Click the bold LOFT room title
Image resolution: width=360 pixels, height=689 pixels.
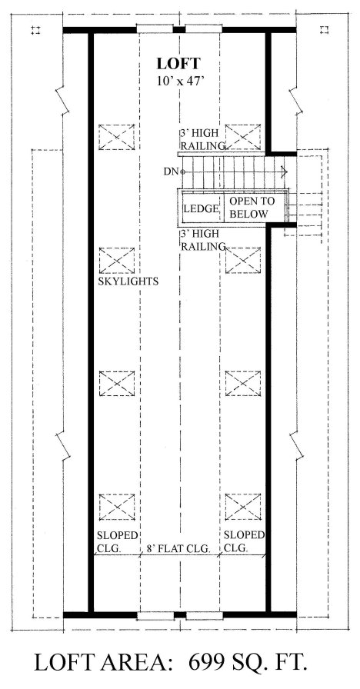(x=178, y=64)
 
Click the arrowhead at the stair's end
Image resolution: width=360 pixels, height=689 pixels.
(x=285, y=171)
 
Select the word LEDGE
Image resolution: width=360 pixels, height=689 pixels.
(x=201, y=208)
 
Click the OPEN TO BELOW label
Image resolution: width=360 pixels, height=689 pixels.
(x=252, y=208)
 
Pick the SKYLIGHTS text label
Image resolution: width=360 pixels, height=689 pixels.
(x=128, y=281)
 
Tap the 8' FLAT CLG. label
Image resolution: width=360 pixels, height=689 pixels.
(x=178, y=548)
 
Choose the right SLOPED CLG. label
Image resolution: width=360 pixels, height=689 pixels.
(x=244, y=541)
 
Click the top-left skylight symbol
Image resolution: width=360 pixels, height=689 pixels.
(x=116, y=137)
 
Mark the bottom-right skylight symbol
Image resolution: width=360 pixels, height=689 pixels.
(x=243, y=507)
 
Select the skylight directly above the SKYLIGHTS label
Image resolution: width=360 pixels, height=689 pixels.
(x=116, y=260)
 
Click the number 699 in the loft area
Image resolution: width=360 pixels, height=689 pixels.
(x=205, y=663)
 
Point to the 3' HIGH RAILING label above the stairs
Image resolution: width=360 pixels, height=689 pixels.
(x=202, y=139)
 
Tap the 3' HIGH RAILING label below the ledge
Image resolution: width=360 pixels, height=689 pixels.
(x=202, y=241)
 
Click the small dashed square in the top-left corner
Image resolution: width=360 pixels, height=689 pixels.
(x=35, y=30)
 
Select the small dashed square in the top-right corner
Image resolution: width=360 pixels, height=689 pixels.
(x=325, y=30)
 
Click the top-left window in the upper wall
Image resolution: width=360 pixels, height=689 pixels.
(x=155, y=28)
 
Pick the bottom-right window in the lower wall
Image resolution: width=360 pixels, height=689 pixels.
(x=203, y=616)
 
